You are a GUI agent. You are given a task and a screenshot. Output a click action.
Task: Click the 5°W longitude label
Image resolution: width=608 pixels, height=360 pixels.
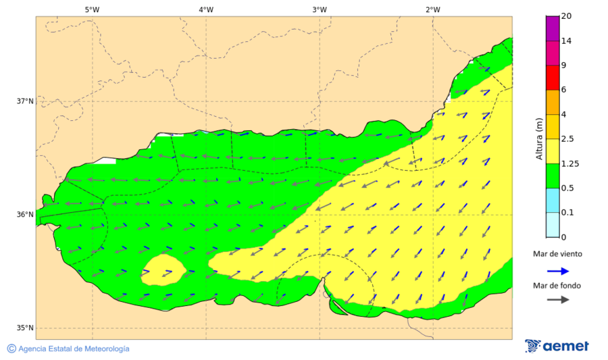click(x=93, y=9)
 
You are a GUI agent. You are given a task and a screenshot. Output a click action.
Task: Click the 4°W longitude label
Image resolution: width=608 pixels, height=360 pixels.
click(x=206, y=9)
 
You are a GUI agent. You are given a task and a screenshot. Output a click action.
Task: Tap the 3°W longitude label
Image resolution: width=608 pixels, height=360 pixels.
click(x=320, y=9)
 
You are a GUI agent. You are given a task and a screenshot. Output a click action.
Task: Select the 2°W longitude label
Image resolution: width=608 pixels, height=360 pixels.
click(x=433, y=9)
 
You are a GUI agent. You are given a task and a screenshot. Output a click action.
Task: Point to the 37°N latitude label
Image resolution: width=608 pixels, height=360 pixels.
click(x=25, y=101)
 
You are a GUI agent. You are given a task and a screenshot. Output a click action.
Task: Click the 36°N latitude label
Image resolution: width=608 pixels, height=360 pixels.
click(x=25, y=215)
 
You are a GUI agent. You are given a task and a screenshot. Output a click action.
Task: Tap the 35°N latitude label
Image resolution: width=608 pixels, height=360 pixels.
click(x=25, y=328)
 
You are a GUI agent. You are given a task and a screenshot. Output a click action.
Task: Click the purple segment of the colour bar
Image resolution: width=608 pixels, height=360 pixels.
click(x=553, y=28)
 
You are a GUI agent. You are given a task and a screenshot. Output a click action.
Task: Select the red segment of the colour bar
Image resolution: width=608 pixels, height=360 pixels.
click(x=553, y=77)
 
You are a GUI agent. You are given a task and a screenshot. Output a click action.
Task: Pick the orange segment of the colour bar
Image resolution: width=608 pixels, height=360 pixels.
click(x=553, y=102)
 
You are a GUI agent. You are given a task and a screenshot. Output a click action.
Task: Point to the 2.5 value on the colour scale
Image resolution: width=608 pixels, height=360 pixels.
click(x=567, y=139)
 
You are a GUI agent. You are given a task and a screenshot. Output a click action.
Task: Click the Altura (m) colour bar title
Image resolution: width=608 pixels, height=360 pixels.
click(x=539, y=139)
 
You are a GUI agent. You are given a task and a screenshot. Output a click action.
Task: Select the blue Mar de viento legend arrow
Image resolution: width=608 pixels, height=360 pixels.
click(x=557, y=271)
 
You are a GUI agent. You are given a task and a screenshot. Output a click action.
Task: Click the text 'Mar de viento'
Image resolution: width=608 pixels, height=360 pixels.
click(x=557, y=254)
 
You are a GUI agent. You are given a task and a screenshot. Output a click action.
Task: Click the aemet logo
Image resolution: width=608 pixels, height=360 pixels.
click(x=557, y=346)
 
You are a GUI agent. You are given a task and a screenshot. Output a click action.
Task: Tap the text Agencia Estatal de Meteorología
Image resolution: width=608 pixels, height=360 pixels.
click(x=74, y=349)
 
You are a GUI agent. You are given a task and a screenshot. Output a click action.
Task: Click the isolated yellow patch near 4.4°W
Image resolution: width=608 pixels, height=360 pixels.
click(x=163, y=270)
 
